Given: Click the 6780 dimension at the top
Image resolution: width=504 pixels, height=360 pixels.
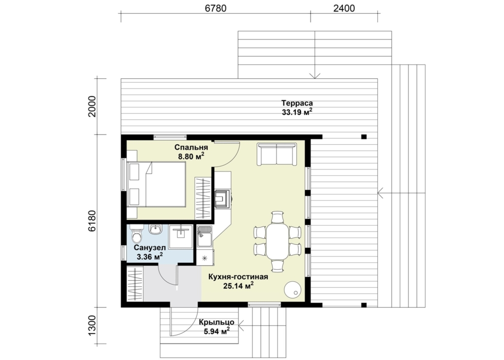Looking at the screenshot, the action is tap(216, 8).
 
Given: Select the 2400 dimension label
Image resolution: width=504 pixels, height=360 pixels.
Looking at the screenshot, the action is tap(344, 8).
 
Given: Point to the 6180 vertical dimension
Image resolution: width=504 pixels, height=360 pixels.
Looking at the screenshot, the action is tap(92, 221).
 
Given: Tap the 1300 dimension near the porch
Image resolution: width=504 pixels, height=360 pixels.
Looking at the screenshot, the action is tap(92, 326).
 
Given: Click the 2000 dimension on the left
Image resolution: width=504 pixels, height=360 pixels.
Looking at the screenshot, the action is tap(92, 106).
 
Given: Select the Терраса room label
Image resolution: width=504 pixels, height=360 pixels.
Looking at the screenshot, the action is tap(297, 103).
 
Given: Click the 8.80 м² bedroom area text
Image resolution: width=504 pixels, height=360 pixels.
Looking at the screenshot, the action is tap(191, 157).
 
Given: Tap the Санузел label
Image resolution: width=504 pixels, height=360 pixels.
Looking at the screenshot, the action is tap(150, 248).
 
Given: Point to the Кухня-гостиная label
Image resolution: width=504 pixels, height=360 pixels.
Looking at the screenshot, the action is tap(238, 277).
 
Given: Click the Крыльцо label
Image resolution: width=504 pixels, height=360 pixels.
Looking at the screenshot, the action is tap(217, 322).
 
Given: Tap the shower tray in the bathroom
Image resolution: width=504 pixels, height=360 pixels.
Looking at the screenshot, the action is tap(181, 237).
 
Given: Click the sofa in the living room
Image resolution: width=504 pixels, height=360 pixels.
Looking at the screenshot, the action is tap(277, 155).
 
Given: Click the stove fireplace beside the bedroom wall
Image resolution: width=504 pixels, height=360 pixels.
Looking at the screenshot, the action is tap(222, 199).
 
